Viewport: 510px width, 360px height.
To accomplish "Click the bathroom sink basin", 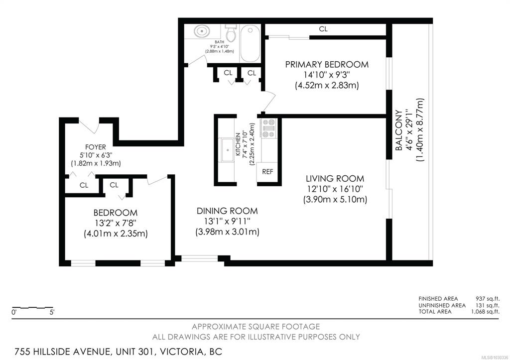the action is point(202,31).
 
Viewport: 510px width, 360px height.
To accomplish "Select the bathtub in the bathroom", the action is point(250,44).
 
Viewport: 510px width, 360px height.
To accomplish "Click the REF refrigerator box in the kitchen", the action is point(267,172).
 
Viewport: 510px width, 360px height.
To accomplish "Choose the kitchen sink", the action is point(227,150).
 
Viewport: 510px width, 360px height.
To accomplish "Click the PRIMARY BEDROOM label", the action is point(327,64).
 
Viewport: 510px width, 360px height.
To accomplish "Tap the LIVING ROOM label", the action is point(335,179).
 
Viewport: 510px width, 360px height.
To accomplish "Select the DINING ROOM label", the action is point(227,211).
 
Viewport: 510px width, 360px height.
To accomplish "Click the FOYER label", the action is point(95,147).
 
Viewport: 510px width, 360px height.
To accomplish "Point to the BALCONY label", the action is point(398,130).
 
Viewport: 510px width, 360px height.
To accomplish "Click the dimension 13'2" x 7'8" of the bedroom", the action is point(115,223).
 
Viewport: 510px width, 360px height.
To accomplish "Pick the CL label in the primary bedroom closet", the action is point(323,29).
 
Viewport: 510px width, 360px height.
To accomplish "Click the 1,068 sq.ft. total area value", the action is point(485,312).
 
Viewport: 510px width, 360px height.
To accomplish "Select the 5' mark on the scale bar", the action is point(52,312).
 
